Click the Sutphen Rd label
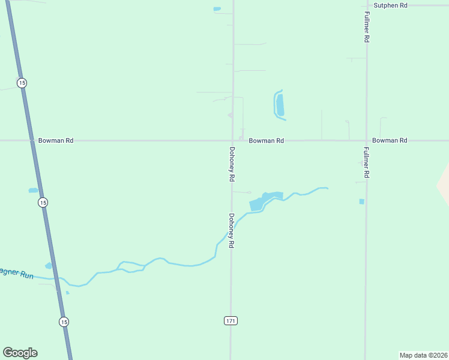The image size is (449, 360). pyautogui.click(x=390, y=5)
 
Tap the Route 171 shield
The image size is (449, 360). pyautogui.click(x=231, y=321)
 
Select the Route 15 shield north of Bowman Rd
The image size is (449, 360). pyautogui.click(x=22, y=82)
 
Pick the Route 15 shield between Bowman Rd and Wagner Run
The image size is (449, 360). pyautogui.click(x=43, y=202)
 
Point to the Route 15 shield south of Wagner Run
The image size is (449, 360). pyautogui.click(x=64, y=322)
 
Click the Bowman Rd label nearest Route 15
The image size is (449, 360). pyautogui.click(x=56, y=140)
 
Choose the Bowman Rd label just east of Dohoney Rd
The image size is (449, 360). pyautogui.click(x=267, y=140)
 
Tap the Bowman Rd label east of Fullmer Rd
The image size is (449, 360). pyautogui.click(x=390, y=140)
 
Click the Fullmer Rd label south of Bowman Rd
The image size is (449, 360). pyautogui.click(x=366, y=163)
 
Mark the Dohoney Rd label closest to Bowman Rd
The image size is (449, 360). pyautogui.click(x=232, y=165)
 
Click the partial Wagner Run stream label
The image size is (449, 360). pyautogui.click(x=16, y=274)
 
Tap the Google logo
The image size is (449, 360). pyautogui.click(x=20, y=353)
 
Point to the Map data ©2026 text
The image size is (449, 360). pyautogui.click(x=424, y=355)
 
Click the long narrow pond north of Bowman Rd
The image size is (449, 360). pyautogui.click(x=279, y=104)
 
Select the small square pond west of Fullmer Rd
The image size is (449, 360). pyautogui.click(x=361, y=202)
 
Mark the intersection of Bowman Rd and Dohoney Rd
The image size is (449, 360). pyautogui.click(x=233, y=140)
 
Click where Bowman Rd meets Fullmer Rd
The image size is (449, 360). pyautogui.click(x=366, y=140)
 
